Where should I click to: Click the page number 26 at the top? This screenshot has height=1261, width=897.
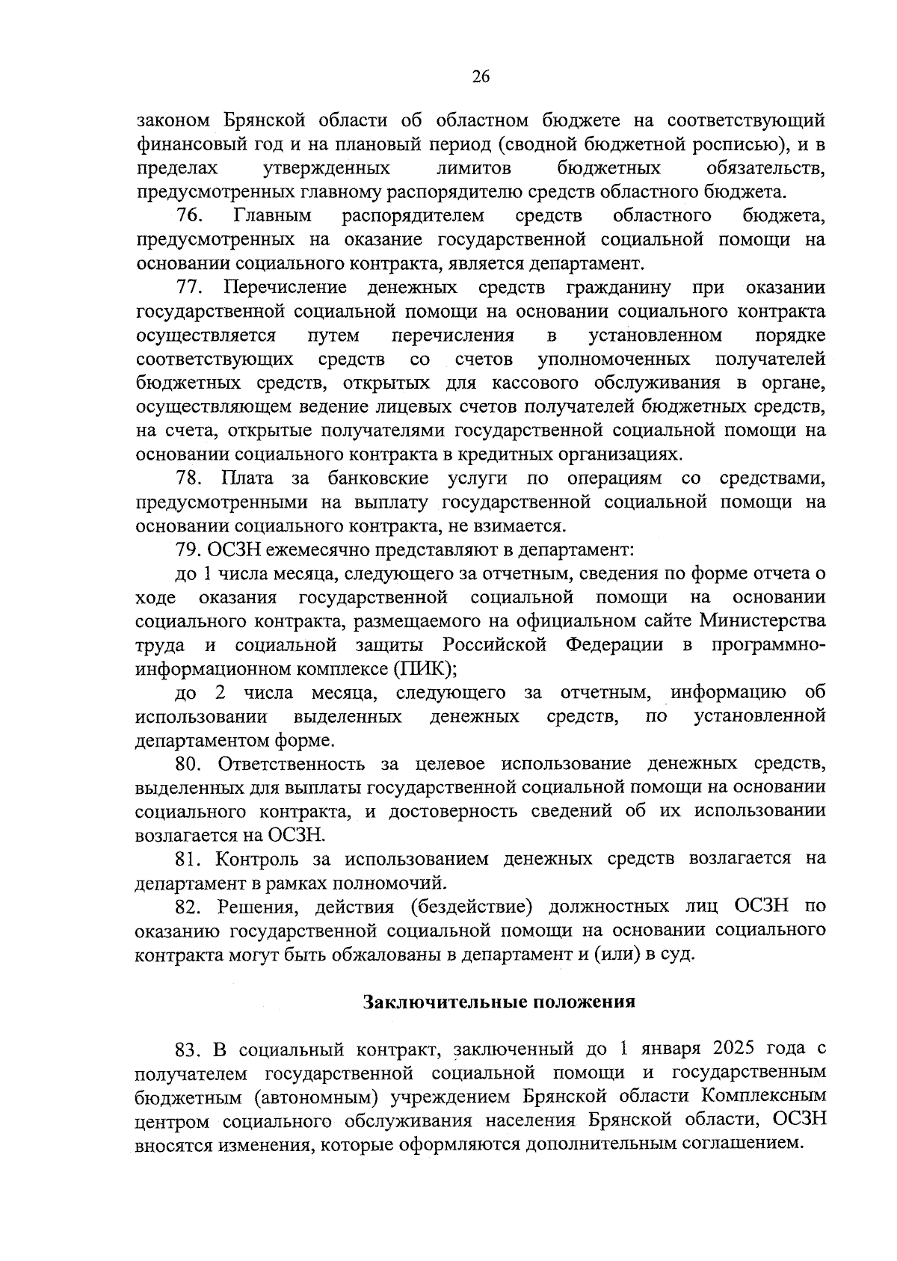481,77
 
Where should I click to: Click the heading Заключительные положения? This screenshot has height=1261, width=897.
499,1002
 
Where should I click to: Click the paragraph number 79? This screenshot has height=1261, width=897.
188,549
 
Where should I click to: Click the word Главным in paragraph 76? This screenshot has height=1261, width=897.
272,216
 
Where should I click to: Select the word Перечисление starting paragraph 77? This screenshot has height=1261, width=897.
286,287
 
